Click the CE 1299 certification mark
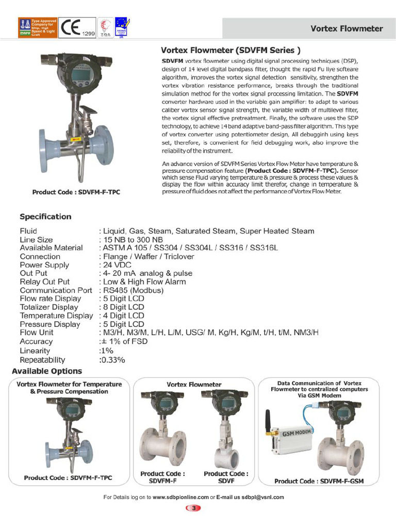[77, 28]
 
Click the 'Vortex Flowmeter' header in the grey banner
[346, 28]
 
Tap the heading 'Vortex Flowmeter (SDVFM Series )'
[231, 51]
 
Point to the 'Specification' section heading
[45, 217]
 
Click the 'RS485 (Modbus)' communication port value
[131, 290]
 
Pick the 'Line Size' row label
[36, 240]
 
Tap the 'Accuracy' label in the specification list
[36, 341]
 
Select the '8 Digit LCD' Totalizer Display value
[122, 307]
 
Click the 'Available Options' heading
[47, 371]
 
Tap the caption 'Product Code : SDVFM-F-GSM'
[319, 481]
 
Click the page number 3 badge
[193, 508]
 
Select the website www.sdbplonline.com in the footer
[180, 497]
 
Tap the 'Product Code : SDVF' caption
[226, 477]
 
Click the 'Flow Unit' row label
[36, 333]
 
